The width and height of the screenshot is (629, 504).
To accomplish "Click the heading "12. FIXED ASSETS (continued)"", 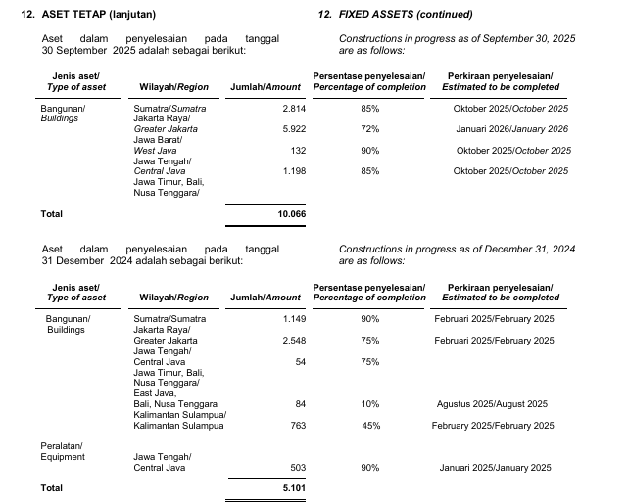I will coord(395,15).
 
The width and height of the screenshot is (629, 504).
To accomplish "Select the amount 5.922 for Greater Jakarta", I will coord(294,129).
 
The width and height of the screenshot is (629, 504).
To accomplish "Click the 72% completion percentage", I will coord(369,129).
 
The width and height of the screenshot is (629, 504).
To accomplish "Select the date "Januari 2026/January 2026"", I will coord(512,129).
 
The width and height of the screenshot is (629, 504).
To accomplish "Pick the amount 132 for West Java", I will coord(299,151).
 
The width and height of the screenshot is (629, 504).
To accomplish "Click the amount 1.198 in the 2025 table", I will coord(294,171).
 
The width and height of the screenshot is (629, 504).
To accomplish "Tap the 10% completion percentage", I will coord(369,404).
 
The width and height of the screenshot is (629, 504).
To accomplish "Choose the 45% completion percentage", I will coord(369,426).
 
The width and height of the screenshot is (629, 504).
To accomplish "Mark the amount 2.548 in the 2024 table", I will coord(294,341).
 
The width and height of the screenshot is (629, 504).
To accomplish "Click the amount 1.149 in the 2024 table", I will coord(294,319).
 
